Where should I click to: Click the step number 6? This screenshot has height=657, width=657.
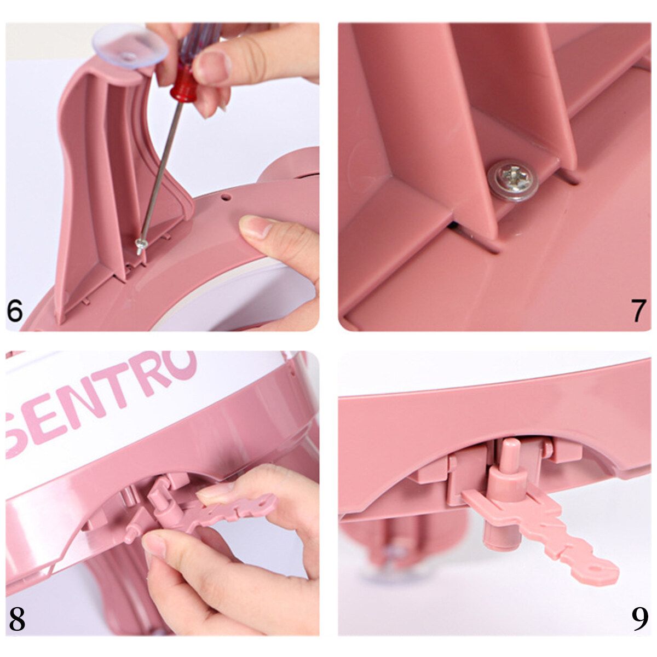(x=15, y=310)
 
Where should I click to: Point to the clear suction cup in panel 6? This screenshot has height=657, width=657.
(x=131, y=48)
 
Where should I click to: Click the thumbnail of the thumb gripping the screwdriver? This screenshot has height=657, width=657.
(x=211, y=63)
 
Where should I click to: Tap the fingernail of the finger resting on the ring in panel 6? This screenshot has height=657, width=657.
(x=252, y=227)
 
